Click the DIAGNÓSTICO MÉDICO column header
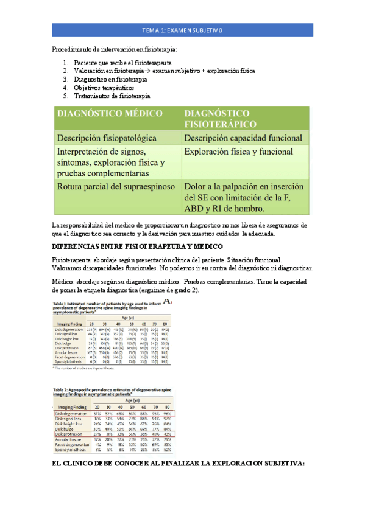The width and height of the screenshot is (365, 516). point(110,114)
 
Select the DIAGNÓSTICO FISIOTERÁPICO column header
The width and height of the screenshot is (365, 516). point(216,118)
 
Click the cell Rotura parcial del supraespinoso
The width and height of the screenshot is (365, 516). point(116,186)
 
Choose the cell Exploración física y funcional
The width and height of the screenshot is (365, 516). point(238,152)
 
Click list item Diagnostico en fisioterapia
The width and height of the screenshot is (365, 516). point(110,79)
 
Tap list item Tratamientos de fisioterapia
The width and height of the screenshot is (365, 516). point(112,96)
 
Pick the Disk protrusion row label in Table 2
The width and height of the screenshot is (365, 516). point(68,434)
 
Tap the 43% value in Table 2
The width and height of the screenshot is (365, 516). point(165,434)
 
